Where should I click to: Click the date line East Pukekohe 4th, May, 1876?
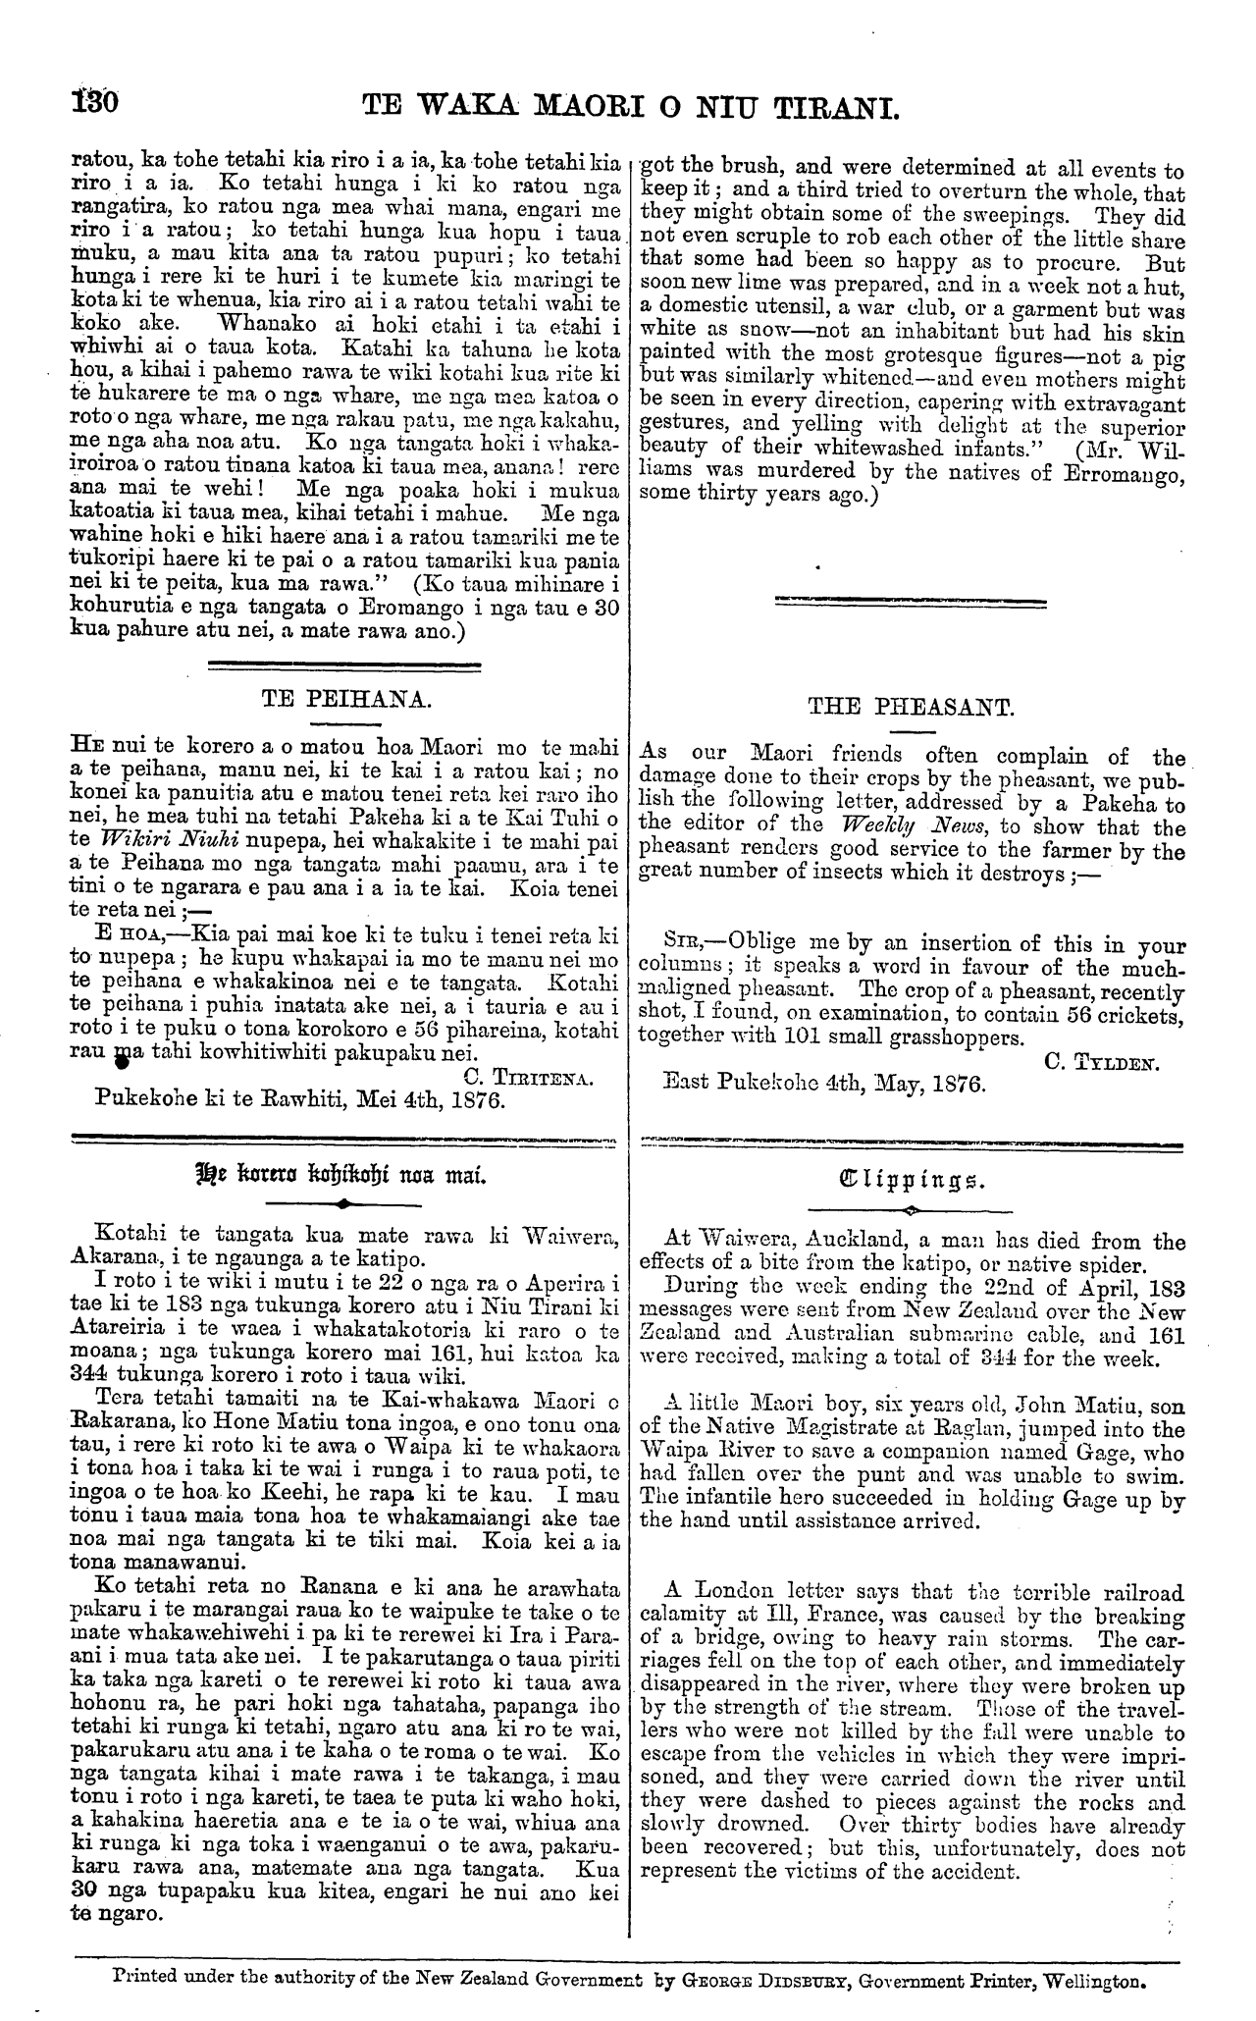pos(824,1084)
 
